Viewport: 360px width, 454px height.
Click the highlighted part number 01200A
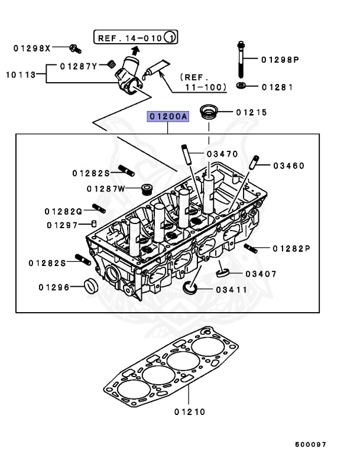[x=168, y=117]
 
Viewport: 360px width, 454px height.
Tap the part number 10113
[x=19, y=74]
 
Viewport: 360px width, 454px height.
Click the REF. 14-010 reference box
[x=135, y=38]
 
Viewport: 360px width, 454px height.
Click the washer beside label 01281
[x=241, y=87]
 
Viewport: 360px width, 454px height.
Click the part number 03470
[x=222, y=154]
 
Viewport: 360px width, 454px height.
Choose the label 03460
[x=288, y=166]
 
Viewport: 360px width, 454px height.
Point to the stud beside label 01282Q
[x=99, y=208]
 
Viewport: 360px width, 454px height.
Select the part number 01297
[x=63, y=225]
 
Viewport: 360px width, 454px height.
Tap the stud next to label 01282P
[x=251, y=248]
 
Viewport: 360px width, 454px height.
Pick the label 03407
[x=261, y=274]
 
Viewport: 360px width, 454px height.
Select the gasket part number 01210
[x=189, y=412]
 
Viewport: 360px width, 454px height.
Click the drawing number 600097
[x=310, y=444]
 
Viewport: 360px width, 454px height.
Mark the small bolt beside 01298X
[x=73, y=47]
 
